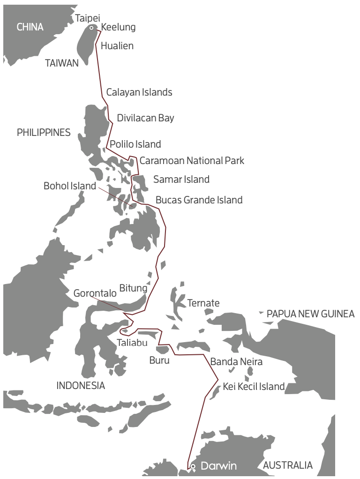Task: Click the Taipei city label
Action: pos(88,18)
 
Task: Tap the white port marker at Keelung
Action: pos(91,28)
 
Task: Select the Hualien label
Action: pos(117,46)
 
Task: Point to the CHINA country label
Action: pos(30,27)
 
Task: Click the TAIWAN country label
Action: pos(62,63)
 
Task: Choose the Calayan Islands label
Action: pos(139,92)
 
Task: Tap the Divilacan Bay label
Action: pos(145,118)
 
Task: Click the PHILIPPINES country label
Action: pos(44,133)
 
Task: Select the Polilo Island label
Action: pos(135,144)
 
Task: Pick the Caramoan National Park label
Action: pos(192,161)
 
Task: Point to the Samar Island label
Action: pos(181,180)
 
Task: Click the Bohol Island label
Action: pos(70,186)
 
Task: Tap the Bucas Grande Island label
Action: pos(199,200)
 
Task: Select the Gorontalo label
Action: pos(95,293)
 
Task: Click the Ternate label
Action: pos(203,303)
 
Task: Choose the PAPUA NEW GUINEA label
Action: pos(310,314)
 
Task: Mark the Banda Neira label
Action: pos(236,362)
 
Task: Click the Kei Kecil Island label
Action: pos(254,387)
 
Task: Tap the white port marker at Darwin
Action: pos(193,466)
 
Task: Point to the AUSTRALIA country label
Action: pos(288,465)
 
